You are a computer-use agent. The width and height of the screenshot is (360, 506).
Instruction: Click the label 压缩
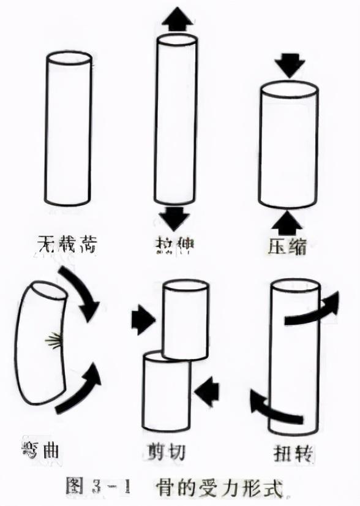287,246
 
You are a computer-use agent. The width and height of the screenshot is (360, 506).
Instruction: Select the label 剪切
167,453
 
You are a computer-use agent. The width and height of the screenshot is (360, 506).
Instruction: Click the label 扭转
294,453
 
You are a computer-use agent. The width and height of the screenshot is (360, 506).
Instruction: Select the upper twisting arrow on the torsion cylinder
312,310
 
